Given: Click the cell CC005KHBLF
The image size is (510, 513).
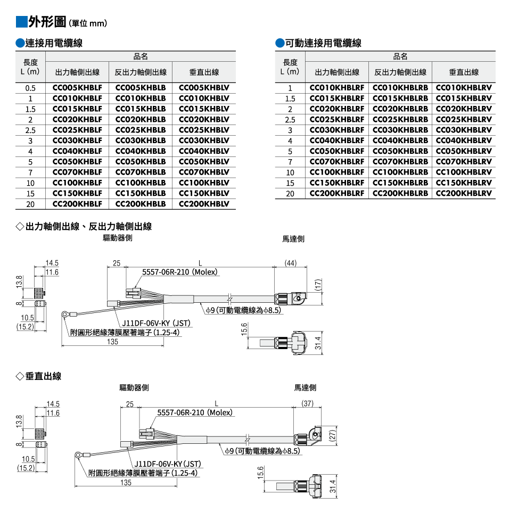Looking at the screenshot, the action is point(77,88).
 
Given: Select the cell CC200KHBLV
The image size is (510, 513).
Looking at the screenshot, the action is point(204,204).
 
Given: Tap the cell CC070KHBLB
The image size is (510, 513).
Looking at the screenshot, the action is point(141,172).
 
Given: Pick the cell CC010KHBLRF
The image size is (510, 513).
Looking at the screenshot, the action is point(337,88).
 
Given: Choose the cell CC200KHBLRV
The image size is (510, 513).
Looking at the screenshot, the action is point(464,193).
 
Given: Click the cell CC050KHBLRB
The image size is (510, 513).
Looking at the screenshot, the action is point(400,151).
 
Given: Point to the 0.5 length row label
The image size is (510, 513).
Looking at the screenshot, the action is point(30,88).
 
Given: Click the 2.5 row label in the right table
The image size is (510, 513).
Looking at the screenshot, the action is point(290,120).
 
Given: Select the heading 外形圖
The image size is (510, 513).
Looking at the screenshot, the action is point(47,22).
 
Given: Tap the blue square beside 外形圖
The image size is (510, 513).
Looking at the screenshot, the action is point(21,22).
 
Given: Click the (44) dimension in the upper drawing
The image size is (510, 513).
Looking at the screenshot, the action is point(290,263).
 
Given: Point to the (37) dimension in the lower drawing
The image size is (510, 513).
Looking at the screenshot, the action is point(307,403).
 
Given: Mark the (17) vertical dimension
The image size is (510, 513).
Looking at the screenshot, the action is point(318,285).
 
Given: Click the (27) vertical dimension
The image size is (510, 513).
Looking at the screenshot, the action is point(332,435).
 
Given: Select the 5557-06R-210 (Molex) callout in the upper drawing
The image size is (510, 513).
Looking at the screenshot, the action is point(180,272).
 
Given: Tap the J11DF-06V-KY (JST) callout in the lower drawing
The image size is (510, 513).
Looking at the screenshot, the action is point(168,464).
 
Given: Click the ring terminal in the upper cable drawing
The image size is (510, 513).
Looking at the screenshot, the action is point(65,315).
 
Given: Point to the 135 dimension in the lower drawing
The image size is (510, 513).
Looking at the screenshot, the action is point(126,483).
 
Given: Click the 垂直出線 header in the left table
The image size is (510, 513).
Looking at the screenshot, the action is point(204,72).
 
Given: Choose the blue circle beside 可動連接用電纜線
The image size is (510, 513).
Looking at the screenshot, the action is point(280,43).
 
